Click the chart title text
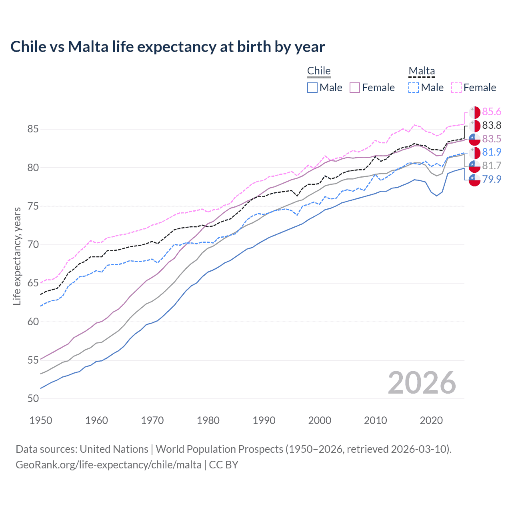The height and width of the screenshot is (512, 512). click(x=168, y=47)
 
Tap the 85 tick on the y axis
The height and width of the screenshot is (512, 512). click(x=33, y=129)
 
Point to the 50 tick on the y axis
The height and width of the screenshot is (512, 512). click(x=33, y=399)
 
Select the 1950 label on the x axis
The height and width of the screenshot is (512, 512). click(x=41, y=420)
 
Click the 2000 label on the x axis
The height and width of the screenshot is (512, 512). click(x=320, y=420)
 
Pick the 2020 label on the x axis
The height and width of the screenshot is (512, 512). click(x=431, y=420)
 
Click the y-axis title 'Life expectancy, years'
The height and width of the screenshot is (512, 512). click(x=17, y=256)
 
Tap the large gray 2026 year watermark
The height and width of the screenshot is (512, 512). click(x=422, y=383)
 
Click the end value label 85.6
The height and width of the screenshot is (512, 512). click(x=492, y=112)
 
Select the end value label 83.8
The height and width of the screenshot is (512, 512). click(x=492, y=126)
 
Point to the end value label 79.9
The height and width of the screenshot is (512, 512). click(x=492, y=179)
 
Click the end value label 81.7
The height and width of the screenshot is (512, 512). click(x=492, y=166)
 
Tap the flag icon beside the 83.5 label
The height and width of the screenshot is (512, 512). click(x=474, y=139)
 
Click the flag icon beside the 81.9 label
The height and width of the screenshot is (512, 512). click(x=474, y=152)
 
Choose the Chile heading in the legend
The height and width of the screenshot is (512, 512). click(x=319, y=71)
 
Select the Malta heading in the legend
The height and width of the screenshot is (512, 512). click(x=422, y=71)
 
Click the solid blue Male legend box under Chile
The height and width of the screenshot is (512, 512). click(x=312, y=88)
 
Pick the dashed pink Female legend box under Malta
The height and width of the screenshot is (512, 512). click(x=456, y=88)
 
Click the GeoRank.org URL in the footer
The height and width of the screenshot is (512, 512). click(x=108, y=465)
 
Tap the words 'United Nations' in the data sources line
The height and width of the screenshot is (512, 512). click(x=114, y=449)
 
